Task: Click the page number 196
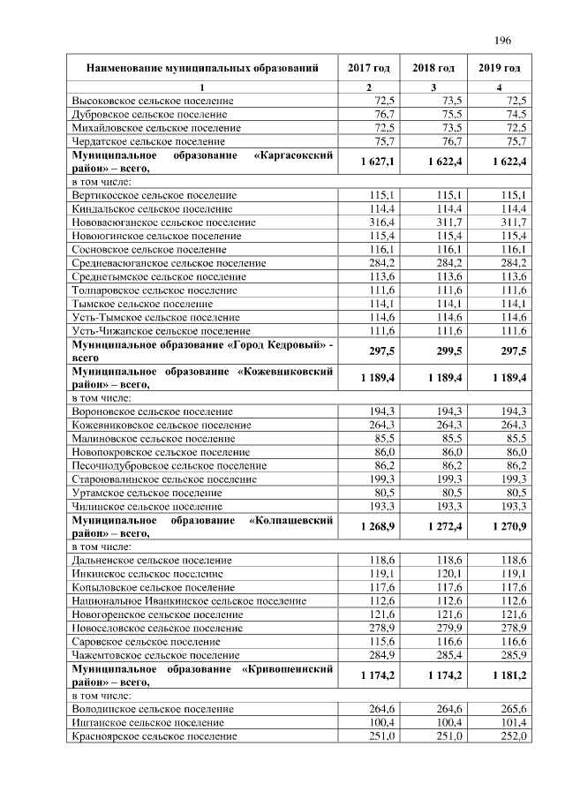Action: (503, 41)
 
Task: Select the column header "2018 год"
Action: (433, 68)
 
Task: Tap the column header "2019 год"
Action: (500, 68)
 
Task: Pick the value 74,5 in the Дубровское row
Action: (512, 114)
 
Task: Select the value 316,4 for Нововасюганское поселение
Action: (381, 222)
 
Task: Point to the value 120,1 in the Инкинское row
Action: (448, 572)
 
